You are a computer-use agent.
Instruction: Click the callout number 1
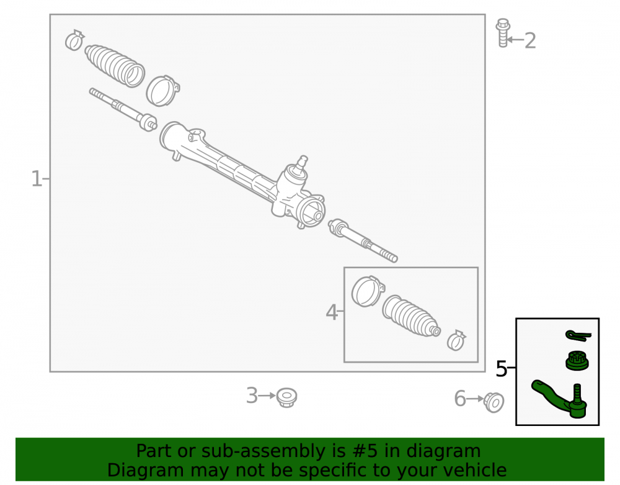(37, 179)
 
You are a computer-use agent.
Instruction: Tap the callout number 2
(530, 41)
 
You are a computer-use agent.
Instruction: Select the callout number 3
(252, 396)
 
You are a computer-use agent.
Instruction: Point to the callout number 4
(331, 312)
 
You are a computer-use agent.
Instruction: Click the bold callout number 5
(502, 369)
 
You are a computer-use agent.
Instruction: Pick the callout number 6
(460, 398)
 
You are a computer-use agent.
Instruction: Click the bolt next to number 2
(503, 33)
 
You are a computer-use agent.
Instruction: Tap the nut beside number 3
(286, 397)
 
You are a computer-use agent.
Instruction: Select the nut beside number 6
(494, 402)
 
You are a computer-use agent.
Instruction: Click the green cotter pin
(578, 335)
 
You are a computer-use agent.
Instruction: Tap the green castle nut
(577, 361)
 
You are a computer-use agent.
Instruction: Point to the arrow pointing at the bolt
(515, 40)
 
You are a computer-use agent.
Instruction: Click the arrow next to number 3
(267, 395)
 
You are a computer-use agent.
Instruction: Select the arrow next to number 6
(476, 398)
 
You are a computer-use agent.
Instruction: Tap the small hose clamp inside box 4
(456, 340)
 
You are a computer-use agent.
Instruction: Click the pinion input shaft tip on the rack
(303, 160)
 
